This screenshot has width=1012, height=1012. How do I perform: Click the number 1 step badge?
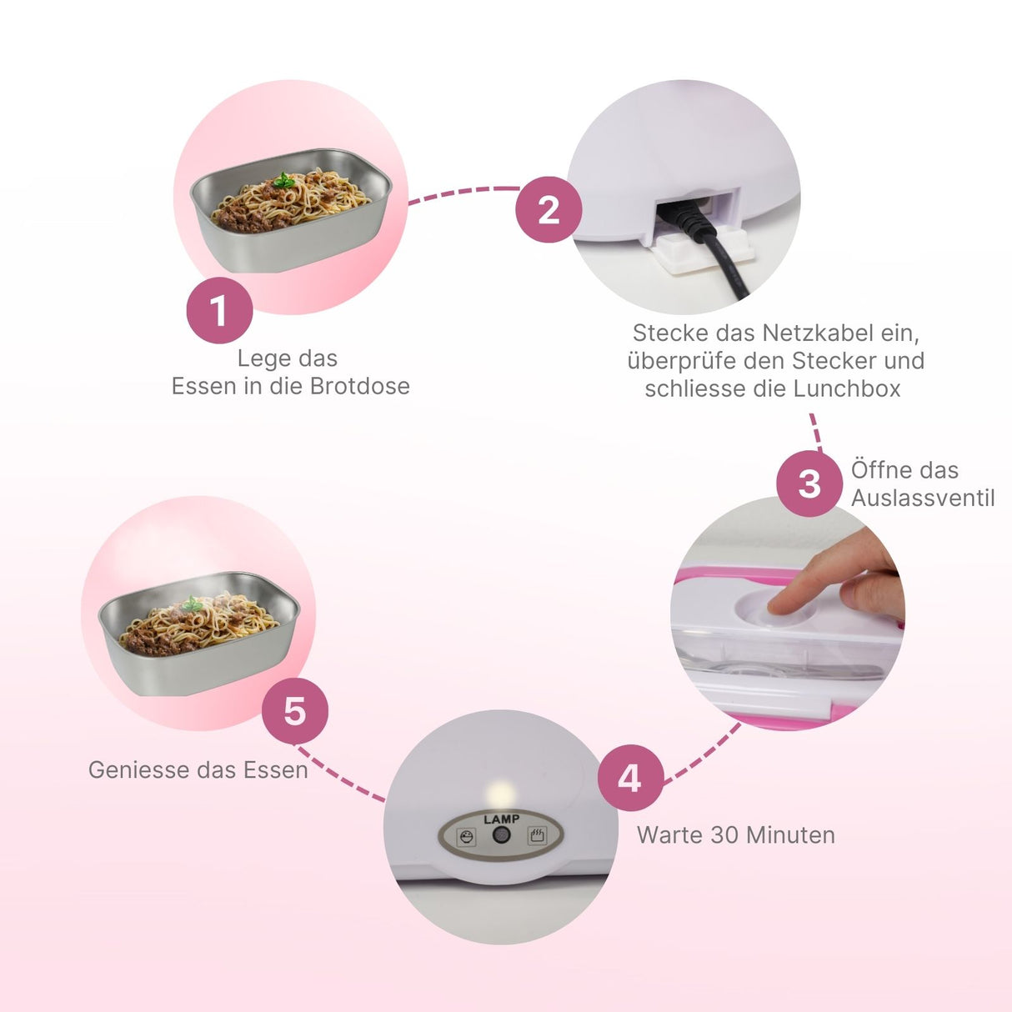[x=219, y=311]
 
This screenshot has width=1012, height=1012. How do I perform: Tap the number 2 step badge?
[x=549, y=210]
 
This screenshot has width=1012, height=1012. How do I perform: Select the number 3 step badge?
[x=809, y=483]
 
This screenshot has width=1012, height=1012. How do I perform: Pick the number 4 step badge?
[x=630, y=778]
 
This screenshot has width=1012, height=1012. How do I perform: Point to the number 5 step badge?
[x=294, y=711]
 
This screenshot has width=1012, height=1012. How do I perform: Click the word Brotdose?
[x=360, y=386]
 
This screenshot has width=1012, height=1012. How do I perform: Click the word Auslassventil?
[x=922, y=498]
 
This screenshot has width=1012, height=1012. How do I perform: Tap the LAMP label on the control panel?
[x=501, y=819]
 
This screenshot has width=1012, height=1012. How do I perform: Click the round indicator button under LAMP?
[x=501, y=835]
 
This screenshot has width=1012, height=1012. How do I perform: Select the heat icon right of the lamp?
[x=537, y=835]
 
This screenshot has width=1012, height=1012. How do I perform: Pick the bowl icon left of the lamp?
[x=466, y=836]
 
